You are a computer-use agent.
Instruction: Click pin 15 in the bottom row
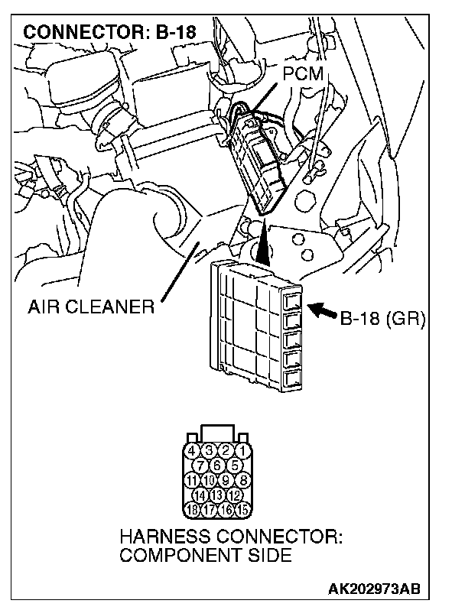coord(242,508)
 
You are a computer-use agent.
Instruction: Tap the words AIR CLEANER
coord(91,308)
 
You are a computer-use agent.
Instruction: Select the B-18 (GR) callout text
coord(382,316)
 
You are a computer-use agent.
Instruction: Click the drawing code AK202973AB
coord(376,590)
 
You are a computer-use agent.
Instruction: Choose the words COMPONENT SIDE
coord(204,555)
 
